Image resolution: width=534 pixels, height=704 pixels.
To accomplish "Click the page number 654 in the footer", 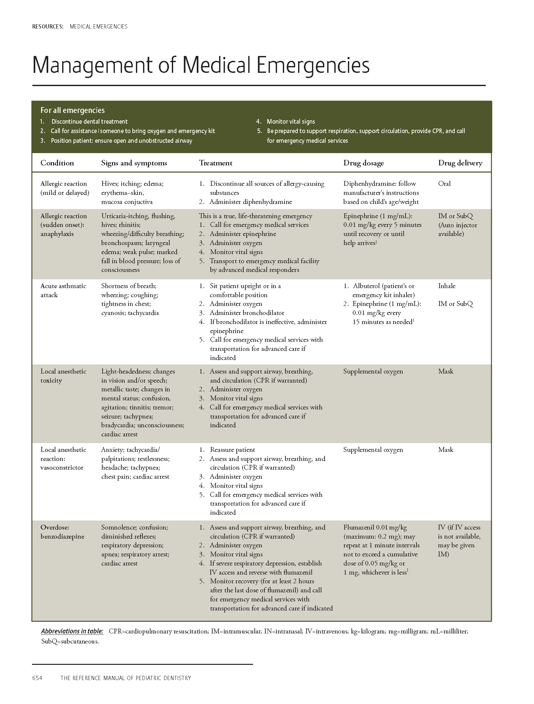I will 37,678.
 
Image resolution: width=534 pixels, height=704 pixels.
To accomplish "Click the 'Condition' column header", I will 57,163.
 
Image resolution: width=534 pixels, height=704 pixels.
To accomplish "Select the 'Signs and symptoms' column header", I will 134,163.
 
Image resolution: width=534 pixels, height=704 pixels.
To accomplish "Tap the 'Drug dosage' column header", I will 363,163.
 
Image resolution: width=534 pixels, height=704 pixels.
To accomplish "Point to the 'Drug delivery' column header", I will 460,163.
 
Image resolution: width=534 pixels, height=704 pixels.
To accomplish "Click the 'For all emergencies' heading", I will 72,110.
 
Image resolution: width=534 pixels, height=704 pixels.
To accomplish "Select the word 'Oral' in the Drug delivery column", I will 444,184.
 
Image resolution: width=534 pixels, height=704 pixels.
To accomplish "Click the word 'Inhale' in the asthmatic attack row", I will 447,286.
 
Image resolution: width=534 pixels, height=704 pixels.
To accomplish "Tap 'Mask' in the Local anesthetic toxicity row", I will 446,371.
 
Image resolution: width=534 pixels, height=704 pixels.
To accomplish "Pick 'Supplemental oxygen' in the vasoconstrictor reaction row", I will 373,450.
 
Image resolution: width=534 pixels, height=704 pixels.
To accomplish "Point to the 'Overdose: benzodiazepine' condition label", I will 62,532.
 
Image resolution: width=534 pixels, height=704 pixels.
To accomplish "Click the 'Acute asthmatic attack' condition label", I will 63,290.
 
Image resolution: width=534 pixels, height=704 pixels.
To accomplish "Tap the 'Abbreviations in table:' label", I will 72,631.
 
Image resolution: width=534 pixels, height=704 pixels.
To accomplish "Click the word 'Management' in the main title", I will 92,65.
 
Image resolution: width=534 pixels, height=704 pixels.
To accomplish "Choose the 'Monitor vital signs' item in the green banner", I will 291,122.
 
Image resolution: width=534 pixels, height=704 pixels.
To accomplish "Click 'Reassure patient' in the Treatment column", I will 232,450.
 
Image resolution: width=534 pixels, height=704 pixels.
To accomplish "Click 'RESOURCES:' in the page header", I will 48,27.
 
